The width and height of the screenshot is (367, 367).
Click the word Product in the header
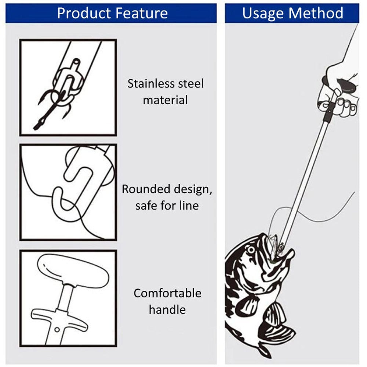click(84, 14)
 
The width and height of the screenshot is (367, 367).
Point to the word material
click(165, 100)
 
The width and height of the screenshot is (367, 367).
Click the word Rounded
click(144, 189)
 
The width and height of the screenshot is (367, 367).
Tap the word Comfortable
click(167, 293)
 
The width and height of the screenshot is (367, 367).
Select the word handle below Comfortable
click(167, 309)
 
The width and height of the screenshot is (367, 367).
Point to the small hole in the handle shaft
click(56, 330)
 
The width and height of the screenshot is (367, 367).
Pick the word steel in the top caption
click(190, 84)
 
